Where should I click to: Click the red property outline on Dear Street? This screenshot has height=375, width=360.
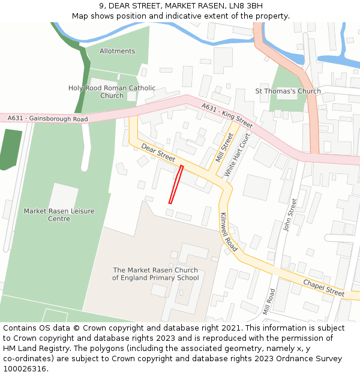click(x=175, y=184)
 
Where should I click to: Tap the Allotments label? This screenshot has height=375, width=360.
click(x=118, y=51)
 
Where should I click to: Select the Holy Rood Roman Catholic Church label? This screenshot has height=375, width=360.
click(x=112, y=92)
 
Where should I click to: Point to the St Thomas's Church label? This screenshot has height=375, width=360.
click(x=288, y=91)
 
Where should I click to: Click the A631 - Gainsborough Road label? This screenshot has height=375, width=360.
click(x=48, y=119)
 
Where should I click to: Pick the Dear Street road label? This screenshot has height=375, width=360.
click(x=158, y=152)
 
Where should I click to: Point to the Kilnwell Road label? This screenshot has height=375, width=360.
click(x=229, y=232)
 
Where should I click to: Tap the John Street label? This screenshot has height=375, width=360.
click(x=289, y=215)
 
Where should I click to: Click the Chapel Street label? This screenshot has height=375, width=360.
click(x=323, y=288)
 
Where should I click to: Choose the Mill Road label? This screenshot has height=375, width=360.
click(x=268, y=301)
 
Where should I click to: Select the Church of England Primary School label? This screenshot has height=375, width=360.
click(x=155, y=274)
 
